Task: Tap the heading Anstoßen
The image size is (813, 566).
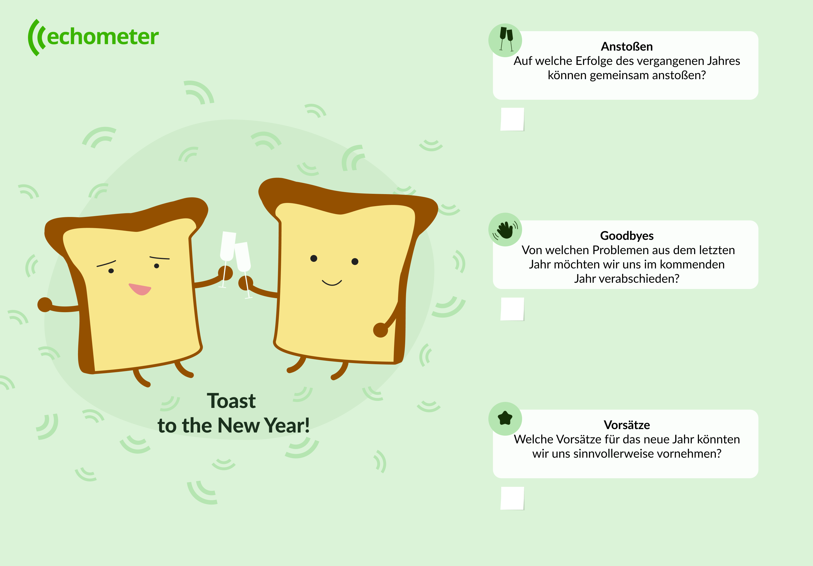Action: (626, 46)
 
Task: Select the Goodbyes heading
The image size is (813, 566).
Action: (627, 236)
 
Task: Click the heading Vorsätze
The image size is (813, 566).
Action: (627, 425)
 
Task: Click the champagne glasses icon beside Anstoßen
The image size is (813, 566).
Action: (506, 40)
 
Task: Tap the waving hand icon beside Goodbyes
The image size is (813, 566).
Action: (505, 230)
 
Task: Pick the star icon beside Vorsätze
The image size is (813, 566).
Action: (505, 418)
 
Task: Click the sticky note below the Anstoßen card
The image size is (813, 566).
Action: (512, 119)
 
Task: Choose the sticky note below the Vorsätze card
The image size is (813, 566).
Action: (512, 498)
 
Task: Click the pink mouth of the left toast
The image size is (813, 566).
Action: (139, 289)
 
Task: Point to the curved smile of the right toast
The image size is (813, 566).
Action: (332, 283)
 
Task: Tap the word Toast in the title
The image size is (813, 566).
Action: (231, 401)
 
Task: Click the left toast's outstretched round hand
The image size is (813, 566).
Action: (45, 305)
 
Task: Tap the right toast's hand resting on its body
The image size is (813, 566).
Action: (381, 330)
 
